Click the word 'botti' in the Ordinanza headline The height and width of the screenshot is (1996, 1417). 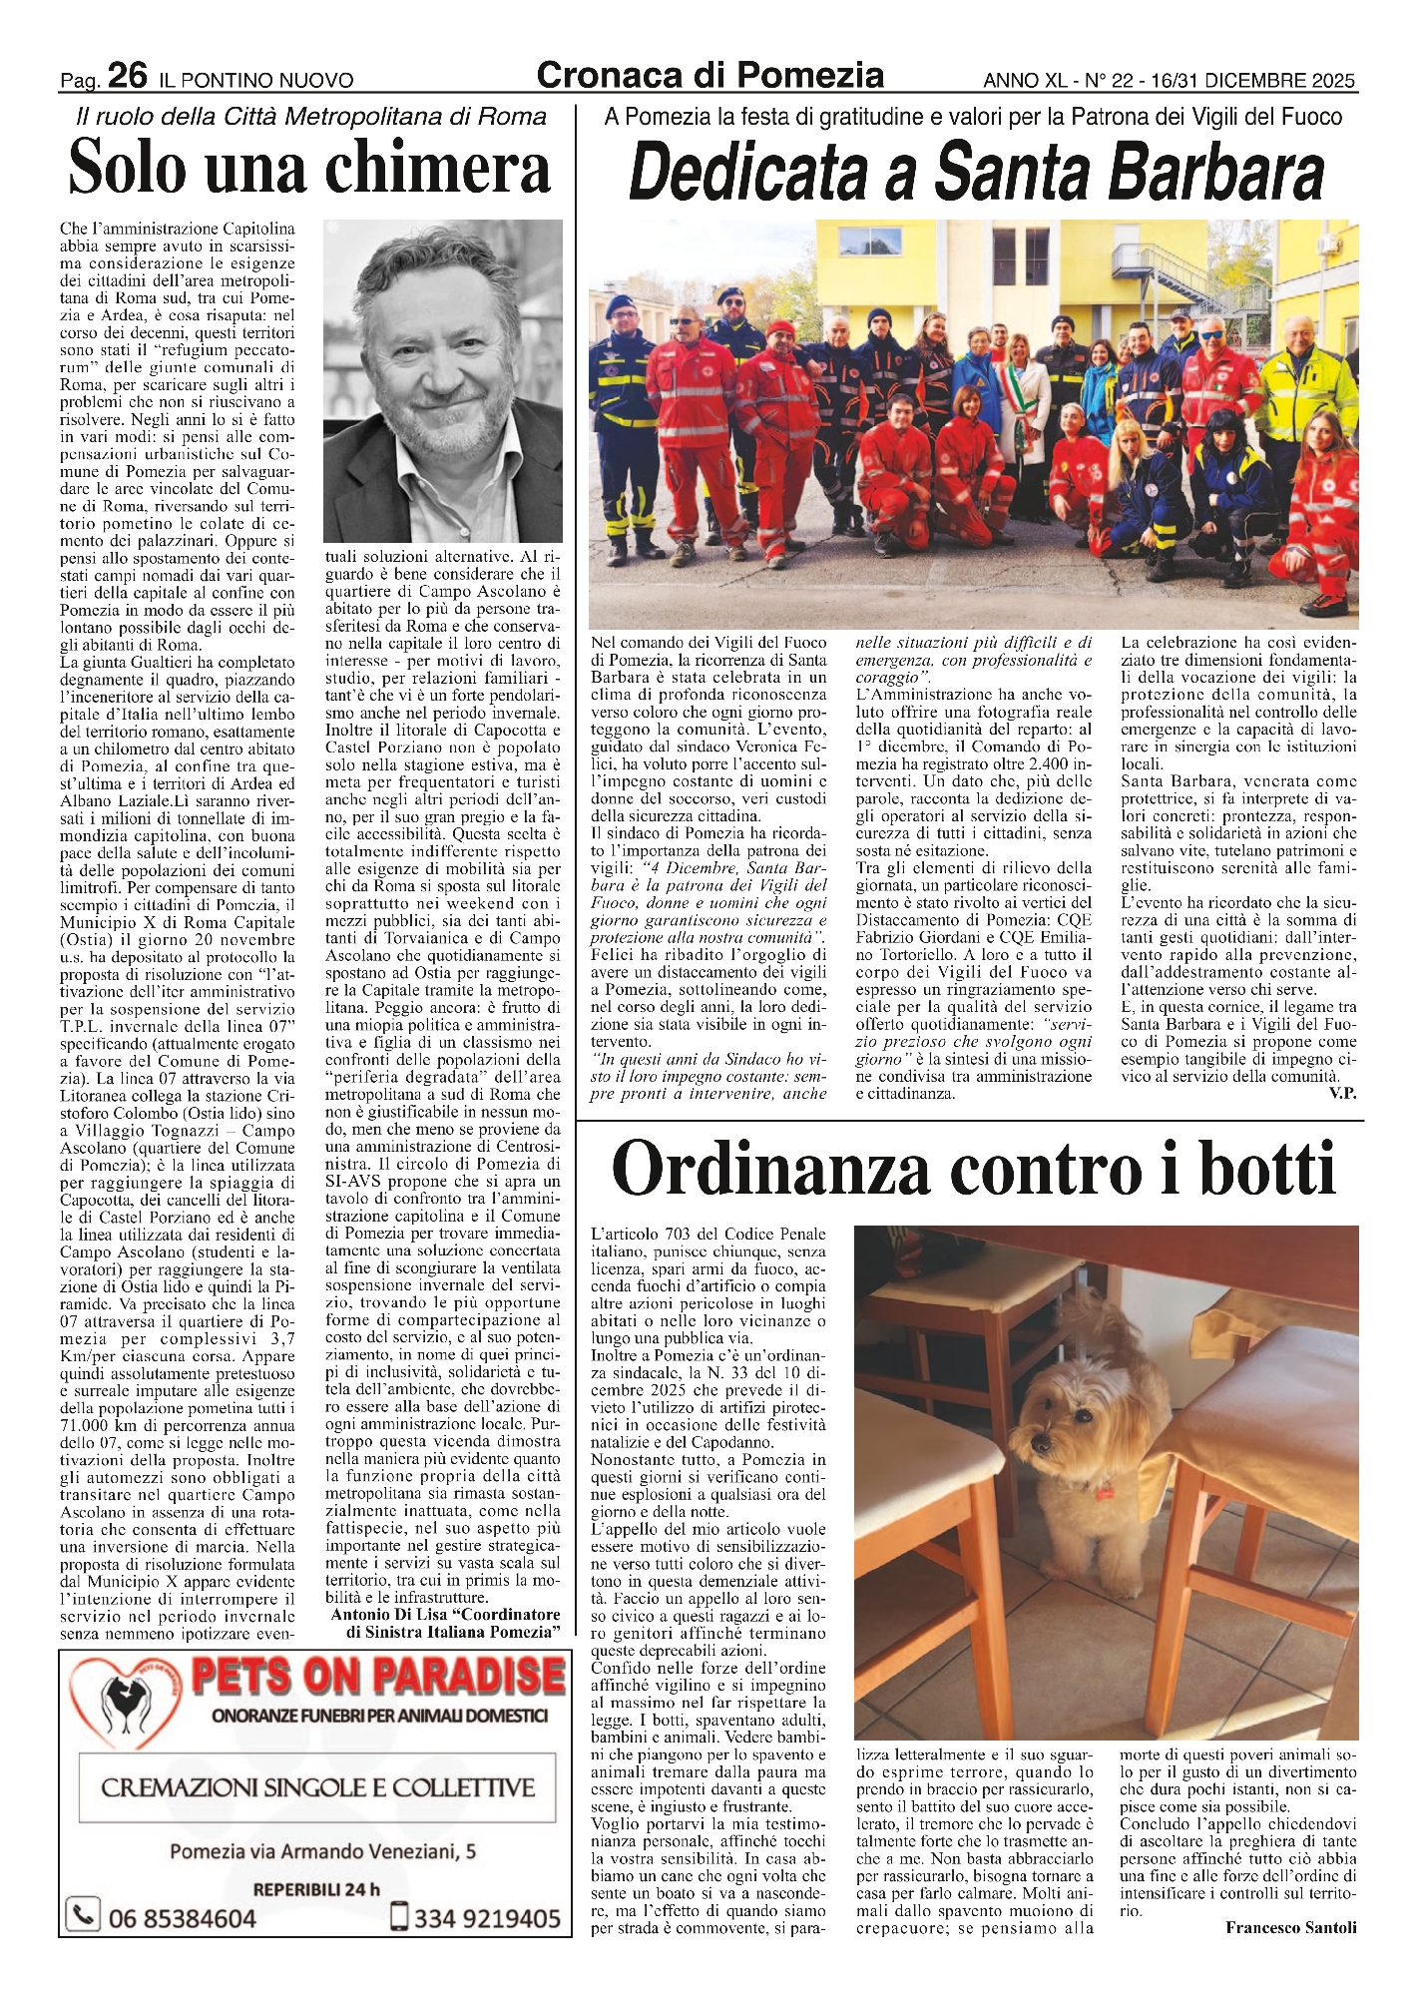(x=1260, y=1167)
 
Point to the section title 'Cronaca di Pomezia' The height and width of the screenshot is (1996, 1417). (x=709, y=75)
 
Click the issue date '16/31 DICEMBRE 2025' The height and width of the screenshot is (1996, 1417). (x=1252, y=81)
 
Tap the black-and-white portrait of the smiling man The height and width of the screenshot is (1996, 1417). (x=443, y=381)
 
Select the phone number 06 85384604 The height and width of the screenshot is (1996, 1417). (x=181, y=1918)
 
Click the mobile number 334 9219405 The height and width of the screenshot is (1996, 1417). (x=486, y=1918)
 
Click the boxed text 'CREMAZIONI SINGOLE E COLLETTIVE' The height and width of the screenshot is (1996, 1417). (x=317, y=1786)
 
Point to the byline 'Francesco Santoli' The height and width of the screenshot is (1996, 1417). (x=1290, y=1927)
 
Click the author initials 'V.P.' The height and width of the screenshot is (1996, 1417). (x=1342, y=1093)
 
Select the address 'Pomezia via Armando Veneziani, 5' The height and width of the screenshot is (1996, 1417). (x=322, y=1851)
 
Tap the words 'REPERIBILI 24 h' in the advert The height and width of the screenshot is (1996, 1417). (x=316, y=1888)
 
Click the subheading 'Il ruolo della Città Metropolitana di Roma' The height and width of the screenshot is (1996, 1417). (x=311, y=117)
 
